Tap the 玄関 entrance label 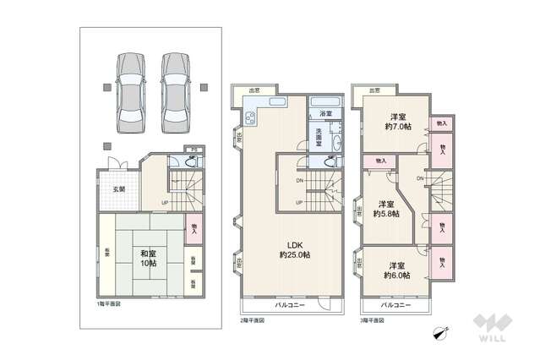click(x=119, y=188)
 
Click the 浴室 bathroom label click(x=325, y=113)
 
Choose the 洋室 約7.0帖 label click(x=398, y=121)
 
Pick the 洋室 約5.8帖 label click(x=385, y=209)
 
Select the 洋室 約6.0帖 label click(x=396, y=269)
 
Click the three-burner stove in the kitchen click(x=251, y=117)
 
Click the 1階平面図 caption click(x=108, y=303)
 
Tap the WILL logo click(x=494, y=329)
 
